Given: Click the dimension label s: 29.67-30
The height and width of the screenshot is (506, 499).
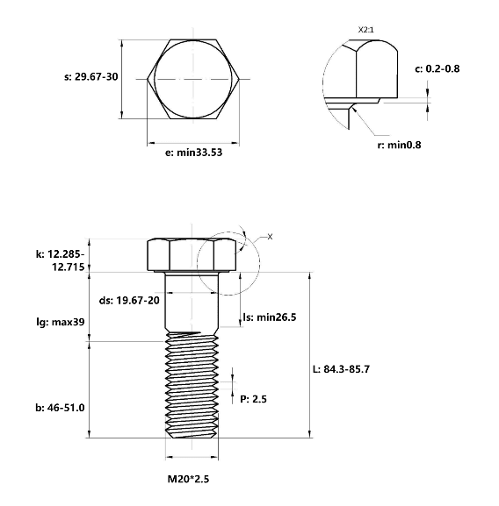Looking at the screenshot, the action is coord(91,77).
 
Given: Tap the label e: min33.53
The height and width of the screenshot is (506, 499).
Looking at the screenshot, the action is coord(193,153).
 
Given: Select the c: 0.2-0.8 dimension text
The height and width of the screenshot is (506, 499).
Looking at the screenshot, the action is coord(437,68).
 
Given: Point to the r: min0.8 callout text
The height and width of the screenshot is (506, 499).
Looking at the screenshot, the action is coord(399,145).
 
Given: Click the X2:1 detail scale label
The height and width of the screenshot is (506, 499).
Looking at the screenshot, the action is coord(365,30).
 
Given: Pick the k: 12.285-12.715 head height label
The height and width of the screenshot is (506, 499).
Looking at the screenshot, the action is coord(60,260).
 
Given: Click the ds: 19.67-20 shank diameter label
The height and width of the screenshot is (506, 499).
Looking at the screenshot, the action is coord(129,301).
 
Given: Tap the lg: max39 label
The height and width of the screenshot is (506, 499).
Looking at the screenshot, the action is coord(61,322).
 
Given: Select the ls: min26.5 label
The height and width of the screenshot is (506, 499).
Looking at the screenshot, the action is coord(270,317).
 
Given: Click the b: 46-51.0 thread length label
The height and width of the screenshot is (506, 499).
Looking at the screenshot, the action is coord(60,408).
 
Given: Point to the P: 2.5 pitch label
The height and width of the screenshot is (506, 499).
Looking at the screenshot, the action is coord(253,399).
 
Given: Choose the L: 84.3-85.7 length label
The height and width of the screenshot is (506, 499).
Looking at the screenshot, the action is coord(341,369).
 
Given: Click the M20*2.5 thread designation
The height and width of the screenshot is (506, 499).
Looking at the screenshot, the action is coord(188,479).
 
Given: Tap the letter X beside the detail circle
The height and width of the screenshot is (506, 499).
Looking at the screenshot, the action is coord(270,237).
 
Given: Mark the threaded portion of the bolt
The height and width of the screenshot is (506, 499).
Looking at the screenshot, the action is coord(192,385).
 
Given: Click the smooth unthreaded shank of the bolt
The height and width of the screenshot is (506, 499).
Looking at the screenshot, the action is coord(192,302).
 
